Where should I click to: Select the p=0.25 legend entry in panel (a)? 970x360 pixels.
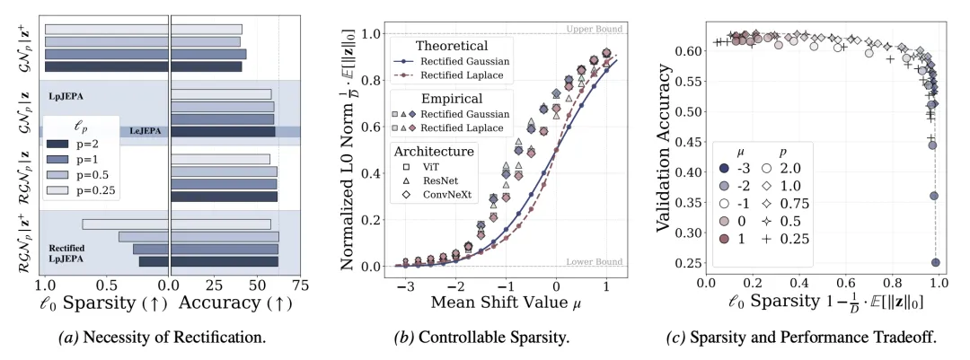[68, 189]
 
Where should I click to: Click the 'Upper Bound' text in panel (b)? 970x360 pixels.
[594, 30]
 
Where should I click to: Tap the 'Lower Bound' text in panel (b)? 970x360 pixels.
[594, 261]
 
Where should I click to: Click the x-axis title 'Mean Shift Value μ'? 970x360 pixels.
[501, 303]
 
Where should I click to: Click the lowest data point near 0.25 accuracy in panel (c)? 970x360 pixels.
[935, 263]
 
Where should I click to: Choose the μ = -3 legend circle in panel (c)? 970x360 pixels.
[724, 167]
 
